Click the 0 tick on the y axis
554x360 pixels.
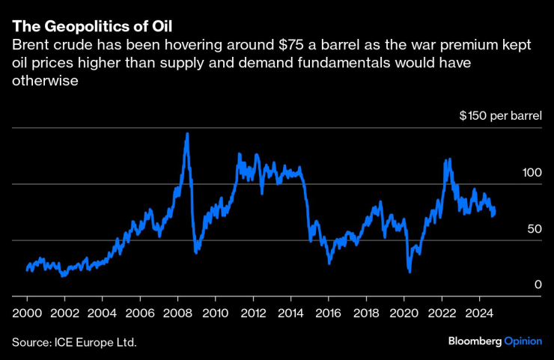pos(538,284)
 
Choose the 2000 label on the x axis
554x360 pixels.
pos(27,312)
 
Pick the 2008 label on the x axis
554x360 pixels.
pos(177,312)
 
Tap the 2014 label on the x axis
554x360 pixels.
pos(290,312)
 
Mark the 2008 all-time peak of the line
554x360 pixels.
pos(186,134)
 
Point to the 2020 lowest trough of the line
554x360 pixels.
pos(410,271)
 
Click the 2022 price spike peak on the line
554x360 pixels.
pos(448,159)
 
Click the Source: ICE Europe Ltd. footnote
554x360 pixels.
pos(75,342)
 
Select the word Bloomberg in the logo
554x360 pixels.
pos(475,341)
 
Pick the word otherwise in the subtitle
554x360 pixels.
pos(46,80)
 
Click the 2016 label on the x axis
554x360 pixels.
pos(328,312)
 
